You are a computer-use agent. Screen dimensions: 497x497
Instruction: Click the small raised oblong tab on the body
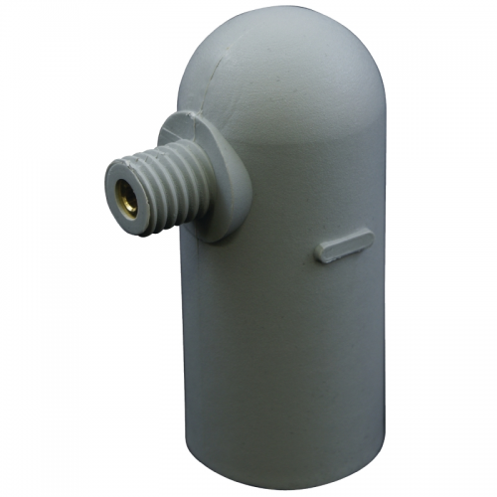[344, 245]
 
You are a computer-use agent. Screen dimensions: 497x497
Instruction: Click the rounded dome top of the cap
[288, 70]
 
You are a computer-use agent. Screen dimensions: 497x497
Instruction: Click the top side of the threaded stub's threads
[149, 149]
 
